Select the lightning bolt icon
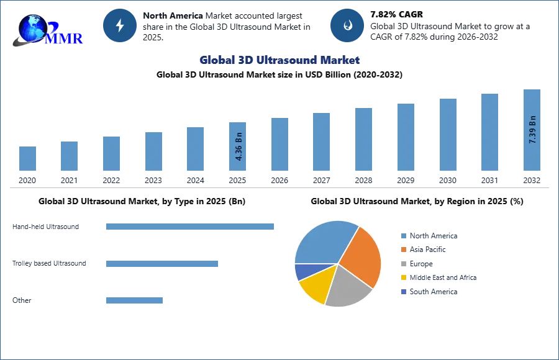pyautogui.click(x=120, y=25)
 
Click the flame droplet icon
pyautogui.click(x=347, y=25)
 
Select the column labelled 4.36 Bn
pyautogui.click(x=238, y=146)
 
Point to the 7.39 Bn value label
pyautogui.click(x=532, y=129)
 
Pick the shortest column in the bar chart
pyautogui.click(x=27, y=159)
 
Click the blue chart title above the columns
pyautogui.click(x=279, y=60)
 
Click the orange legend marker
pyautogui.click(x=403, y=250)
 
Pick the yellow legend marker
pyautogui.click(x=403, y=278)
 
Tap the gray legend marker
pyautogui.click(x=403, y=264)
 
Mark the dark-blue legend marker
pyautogui.click(x=403, y=292)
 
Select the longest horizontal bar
pyautogui.click(x=191, y=228)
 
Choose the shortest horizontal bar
pyautogui.click(x=134, y=300)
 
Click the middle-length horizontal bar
pyautogui.click(x=161, y=263)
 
